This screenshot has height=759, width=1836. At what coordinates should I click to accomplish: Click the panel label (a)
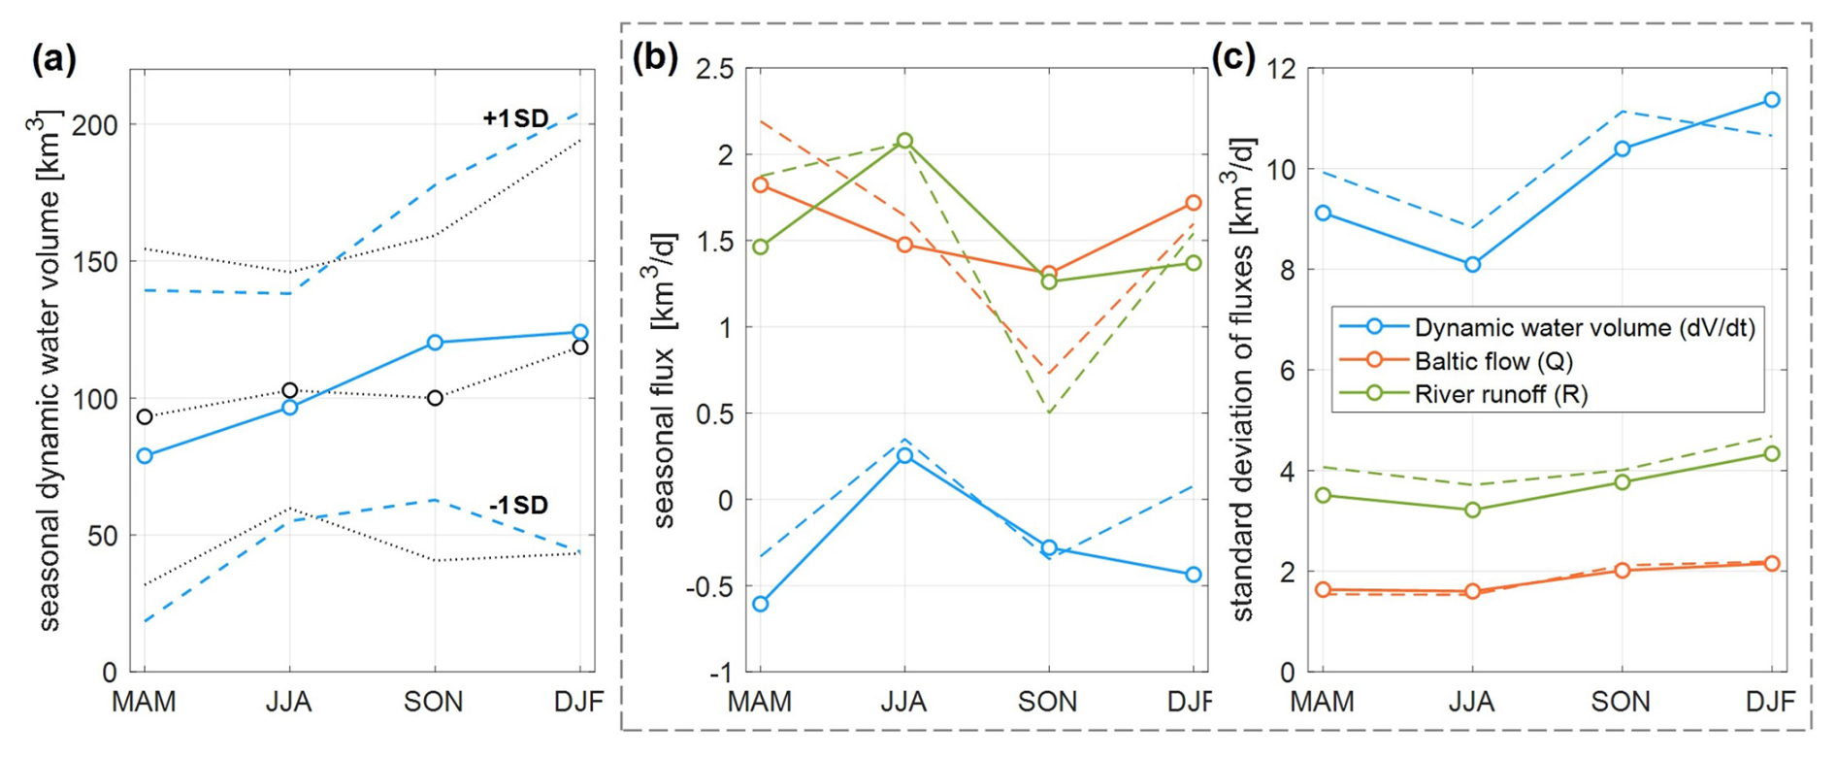coord(53,60)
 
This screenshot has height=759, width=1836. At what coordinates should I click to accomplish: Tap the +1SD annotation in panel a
coord(515,118)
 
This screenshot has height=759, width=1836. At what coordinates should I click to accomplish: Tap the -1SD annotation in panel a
coord(518,505)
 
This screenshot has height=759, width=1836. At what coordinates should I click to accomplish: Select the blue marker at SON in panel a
coord(435,343)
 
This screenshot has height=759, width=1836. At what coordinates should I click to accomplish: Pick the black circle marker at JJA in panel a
coord(289,390)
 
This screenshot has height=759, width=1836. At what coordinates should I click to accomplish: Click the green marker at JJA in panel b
coord(904,141)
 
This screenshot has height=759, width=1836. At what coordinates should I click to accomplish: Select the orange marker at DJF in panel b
coord(1194,203)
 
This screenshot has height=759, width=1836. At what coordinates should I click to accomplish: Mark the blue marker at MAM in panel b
coord(761,604)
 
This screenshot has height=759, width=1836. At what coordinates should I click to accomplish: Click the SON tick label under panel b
coord(1048,702)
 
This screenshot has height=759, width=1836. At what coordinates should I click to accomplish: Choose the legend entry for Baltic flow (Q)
coord(1493,361)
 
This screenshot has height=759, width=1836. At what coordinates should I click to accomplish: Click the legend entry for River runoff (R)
coord(1500,393)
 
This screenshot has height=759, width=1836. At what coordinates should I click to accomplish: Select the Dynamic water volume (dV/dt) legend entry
coord(1584,328)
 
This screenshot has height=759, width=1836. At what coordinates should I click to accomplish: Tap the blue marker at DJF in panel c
coord(1772,100)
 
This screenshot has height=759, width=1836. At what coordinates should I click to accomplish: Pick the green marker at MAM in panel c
coord(1323,496)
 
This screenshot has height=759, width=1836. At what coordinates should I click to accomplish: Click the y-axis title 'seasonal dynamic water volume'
coord(49,370)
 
